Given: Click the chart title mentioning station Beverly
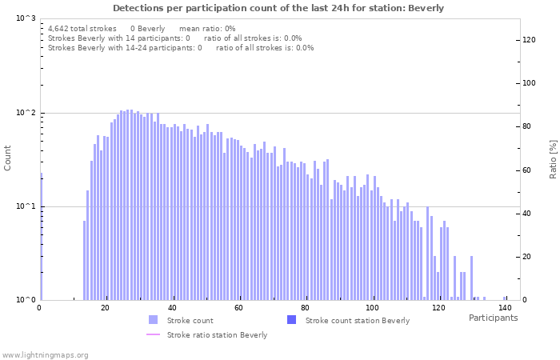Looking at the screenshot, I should pos(278,8).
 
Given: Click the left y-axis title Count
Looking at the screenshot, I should pos(8,158).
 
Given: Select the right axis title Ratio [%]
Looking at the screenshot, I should pos(553,158).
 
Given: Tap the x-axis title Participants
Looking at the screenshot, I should pos(493,318).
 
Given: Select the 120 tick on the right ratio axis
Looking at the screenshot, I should pos(529,39).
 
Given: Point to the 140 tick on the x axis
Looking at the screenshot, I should pos(505,307).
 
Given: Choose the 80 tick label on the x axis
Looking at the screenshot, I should pos(306,307).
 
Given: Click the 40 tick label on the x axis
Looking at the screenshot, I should pos(173,307).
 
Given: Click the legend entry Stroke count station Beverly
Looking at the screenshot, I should pos(357,320).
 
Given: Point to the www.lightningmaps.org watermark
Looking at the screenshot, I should pos(45,354).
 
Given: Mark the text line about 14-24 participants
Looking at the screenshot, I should pos(181,48).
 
